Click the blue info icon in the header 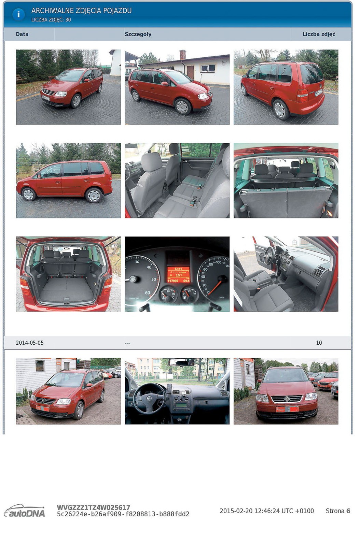click(x=18, y=14)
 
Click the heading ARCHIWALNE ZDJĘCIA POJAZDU click(x=81, y=11)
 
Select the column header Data click(x=22, y=34)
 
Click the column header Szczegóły click(x=138, y=34)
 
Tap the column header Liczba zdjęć click(x=319, y=34)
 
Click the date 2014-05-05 click(x=30, y=343)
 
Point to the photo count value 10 click(x=319, y=343)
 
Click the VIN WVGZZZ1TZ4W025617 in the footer click(x=93, y=507)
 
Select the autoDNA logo click(x=25, y=511)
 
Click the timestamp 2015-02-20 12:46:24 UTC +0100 click(x=266, y=511)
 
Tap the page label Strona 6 click(x=337, y=511)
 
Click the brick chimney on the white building click(x=183, y=55)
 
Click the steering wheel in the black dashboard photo click(x=149, y=398)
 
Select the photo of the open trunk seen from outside click(x=69, y=274)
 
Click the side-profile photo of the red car click(x=69, y=181)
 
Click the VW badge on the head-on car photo click(x=287, y=399)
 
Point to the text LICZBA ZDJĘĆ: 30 click(x=51, y=20)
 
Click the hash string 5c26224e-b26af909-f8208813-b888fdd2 click(x=123, y=514)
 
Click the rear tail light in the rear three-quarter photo click(x=302, y=96)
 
